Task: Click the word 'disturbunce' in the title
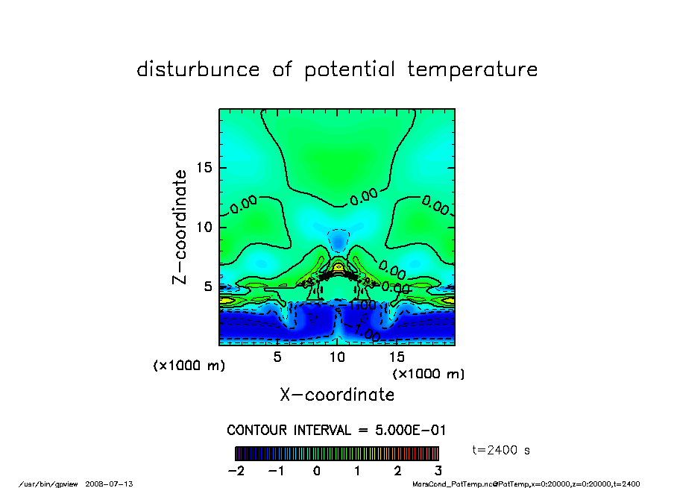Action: coord(198,70)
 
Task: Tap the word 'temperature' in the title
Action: coord(473,70)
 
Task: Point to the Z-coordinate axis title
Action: coord(179,227)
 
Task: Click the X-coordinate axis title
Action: coord(337,394)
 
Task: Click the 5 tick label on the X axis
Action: coord(277,357)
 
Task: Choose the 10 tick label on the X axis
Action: coord(337,357)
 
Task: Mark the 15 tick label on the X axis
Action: coord(396,357)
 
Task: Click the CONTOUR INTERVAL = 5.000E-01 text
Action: coord(336,431)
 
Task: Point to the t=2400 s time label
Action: coord(502,450)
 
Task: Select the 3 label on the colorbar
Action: coord(438,471)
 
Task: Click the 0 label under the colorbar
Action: coord(317,471)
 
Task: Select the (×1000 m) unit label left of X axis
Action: coord(189,366)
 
